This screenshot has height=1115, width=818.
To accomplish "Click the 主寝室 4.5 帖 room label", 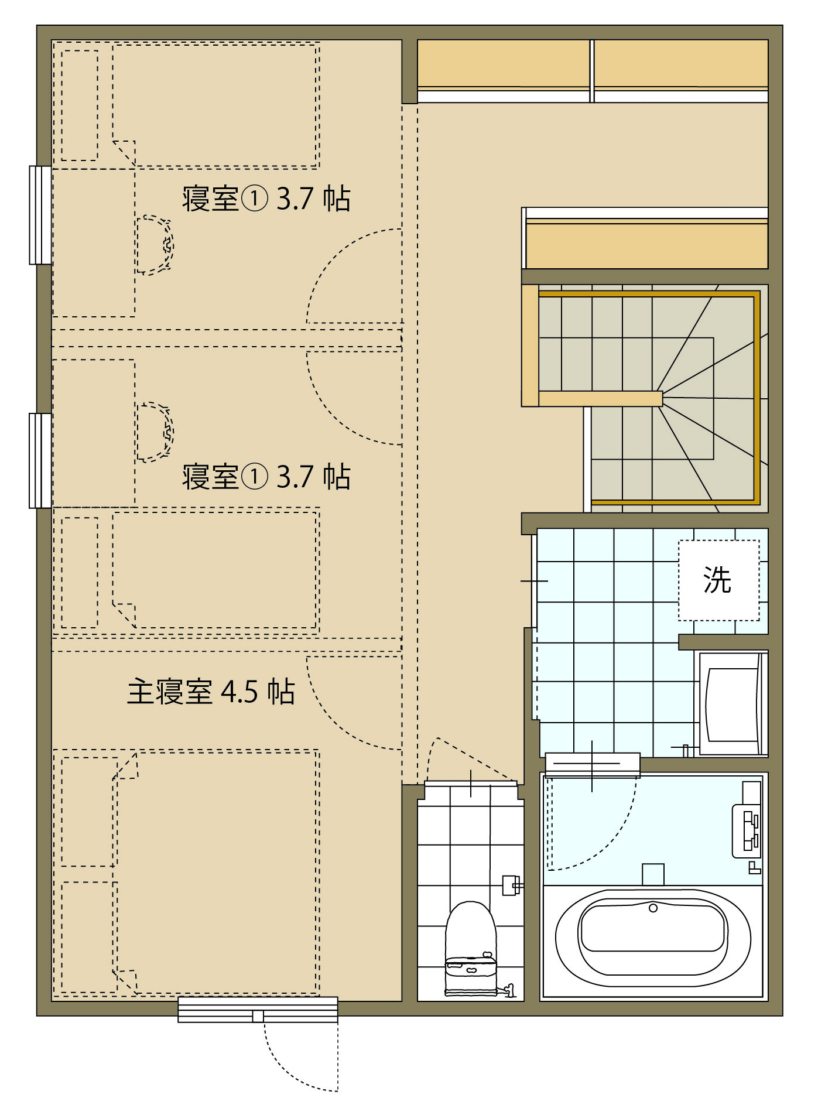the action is pyautogui.click(x=211, y=692).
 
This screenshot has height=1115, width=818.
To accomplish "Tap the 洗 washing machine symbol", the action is pyautogui.click(x=718, y=580).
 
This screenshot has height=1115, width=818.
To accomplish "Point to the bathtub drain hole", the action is pyautogui.click(x=653, y=908).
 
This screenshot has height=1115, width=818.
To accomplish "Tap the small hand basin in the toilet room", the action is pyautogui.click(x=512, y=885).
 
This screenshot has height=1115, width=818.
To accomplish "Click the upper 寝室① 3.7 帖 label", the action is pyautogui.click(x=266, y=199).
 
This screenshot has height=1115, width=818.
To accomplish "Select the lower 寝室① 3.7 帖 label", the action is pyautogui.click(x=266, y=477).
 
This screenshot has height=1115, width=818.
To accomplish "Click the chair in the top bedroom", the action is pyautogui.click(x=155, y=245).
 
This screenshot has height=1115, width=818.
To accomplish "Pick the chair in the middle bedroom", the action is pyautogui.click(x=155, y=432).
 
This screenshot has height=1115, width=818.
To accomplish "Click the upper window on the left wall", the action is pyautogui.click(x=40, y=215).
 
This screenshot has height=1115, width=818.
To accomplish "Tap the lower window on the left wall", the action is pyautogui.click(x=40, y=460).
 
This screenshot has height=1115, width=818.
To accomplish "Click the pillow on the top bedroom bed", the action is pyautogui.click(x=80, y=105).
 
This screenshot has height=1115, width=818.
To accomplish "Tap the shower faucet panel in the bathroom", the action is pyautogui.click(x=747, y=831).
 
